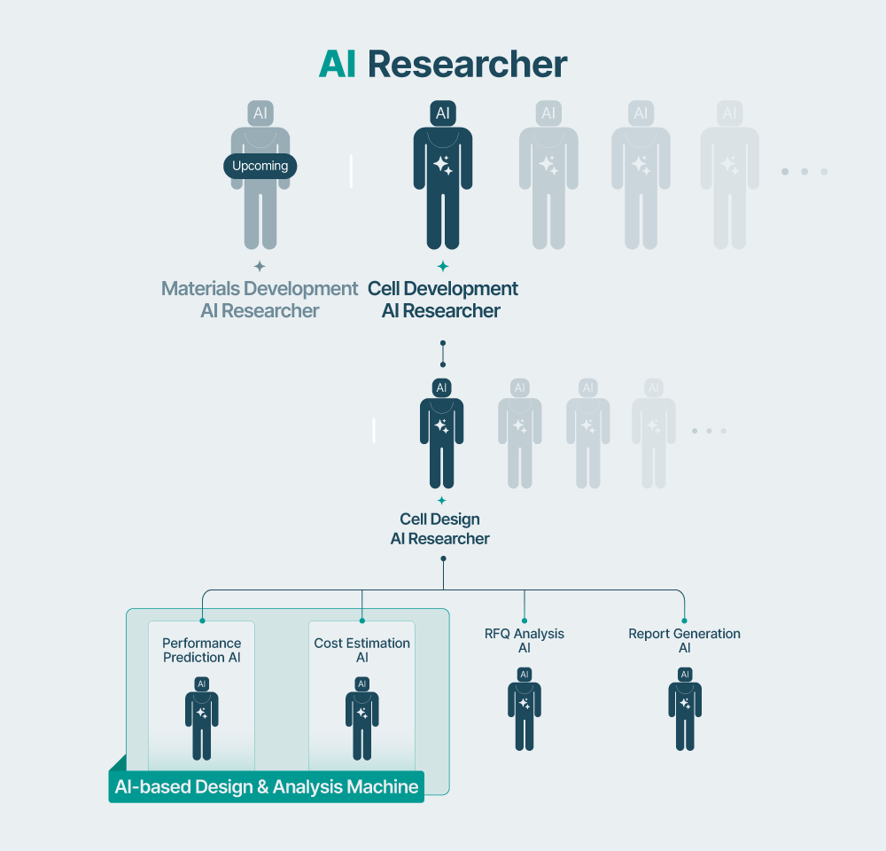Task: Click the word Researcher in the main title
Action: pyautogui.click(x=467, y=65)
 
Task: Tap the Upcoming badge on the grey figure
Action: pyautogui.click(x=260, y=166)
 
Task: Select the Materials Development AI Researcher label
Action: pyautogui.click(x=260, y=300)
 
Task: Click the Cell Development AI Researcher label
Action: pyautogui.click(x=442, y=300)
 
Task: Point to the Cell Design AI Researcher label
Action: pyautogui.click(x=440, y=529)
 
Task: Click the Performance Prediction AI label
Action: pyautogui.click(x=202, y=650)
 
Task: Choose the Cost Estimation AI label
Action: pyautogui.click(x=362, y=650)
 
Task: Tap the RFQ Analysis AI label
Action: pyautogui.click(x=525, y=641)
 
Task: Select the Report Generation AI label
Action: pyautogui.click(x=684, y=641)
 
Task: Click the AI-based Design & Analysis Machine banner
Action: pyautogui.click(x=267, y=786)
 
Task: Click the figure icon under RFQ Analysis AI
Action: pyautogui.click(x=525, y=709)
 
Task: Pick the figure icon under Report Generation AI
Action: pyautogui.click(x=685, y=709)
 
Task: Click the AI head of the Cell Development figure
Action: pyautogui.click(x=443, y=113)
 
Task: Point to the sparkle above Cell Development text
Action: pyautogui.click(x=443, y=266)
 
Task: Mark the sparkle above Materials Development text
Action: pyautogui.click(x=260, y=266)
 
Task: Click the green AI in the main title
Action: pyautogui.click(x=338, y=65)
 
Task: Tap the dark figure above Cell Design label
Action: pyautogui.click(x=441, y=434)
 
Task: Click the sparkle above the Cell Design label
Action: pyautogui.click(x=441, y=501)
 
